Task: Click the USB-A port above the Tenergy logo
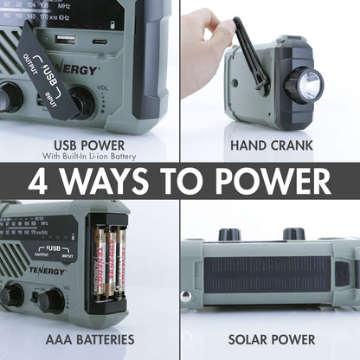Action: tap(66, 39)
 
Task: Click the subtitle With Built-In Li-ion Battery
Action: tap(89, 157)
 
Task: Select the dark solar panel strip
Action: tap(267, 273)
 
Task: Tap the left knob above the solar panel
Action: tap(228, 234)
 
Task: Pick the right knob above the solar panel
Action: tap(293, 234)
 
